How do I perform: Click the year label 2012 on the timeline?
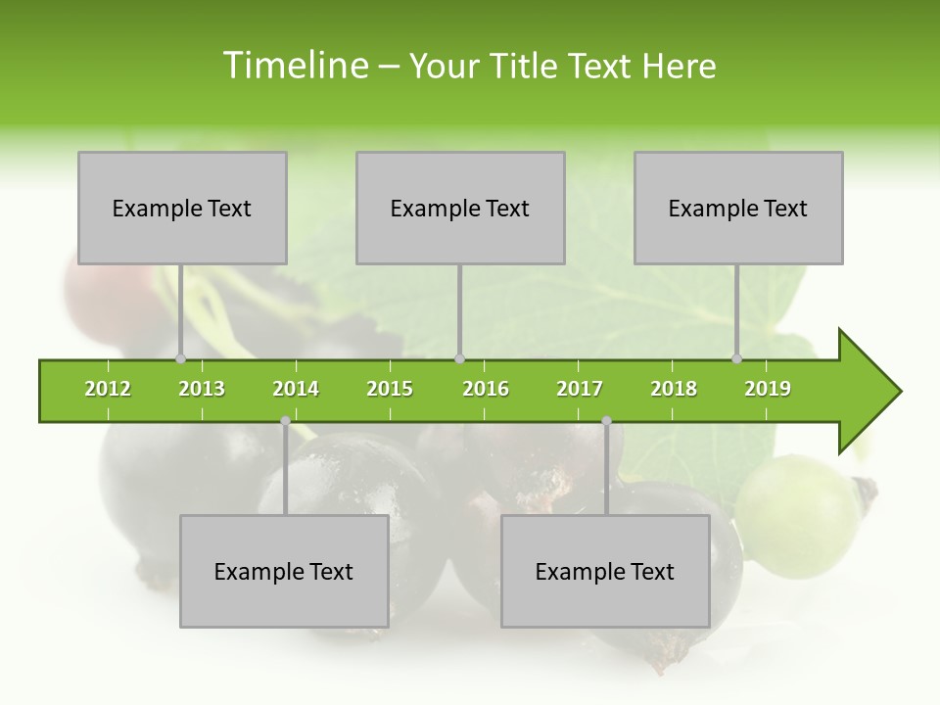click(x=108, y=390)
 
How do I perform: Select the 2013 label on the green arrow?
click(x=202, y=390)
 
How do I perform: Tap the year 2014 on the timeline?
click(x=296, y=390)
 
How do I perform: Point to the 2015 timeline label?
click(x=390, y=390)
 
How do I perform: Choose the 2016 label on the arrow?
click(x=486, y=390)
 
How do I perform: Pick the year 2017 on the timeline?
click(x=580, y=390)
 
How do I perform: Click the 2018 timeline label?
click(x=674, y=390)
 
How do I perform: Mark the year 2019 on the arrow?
click(x=768, y=390)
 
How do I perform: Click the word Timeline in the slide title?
click(x=295, y=66)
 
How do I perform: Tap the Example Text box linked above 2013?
click(x=182, y=209)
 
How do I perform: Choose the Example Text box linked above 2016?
click(x=460, y=209)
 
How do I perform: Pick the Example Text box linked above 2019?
click(x=738, y=209)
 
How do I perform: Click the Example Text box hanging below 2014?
click(x=284, y=572)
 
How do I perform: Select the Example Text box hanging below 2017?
click(x=605, y=572)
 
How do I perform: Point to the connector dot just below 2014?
click(x=285, y=421)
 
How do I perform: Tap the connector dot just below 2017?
click(x=606, y=421)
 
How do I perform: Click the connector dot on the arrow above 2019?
click(x=737, y=359)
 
